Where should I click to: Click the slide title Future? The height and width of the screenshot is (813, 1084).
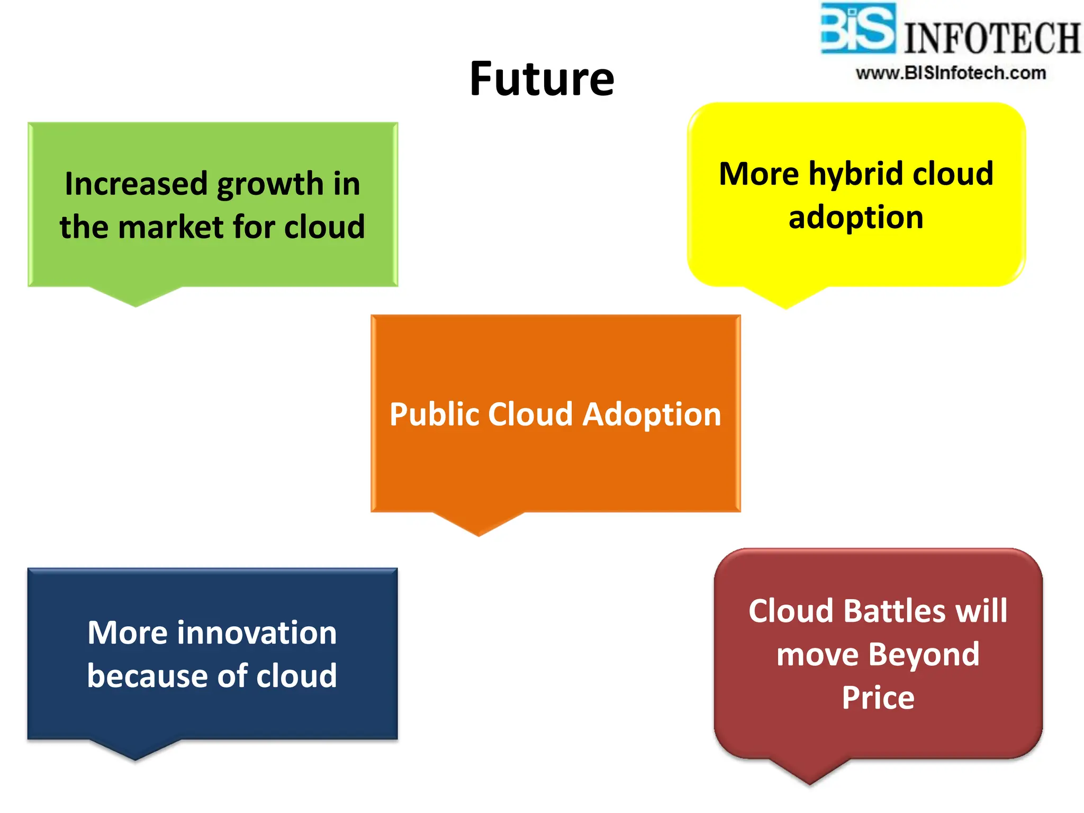tap(541, 79)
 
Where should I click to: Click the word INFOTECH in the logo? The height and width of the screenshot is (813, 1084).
tap(991, 38)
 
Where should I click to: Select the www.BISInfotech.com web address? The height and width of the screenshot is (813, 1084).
tap(951, 73)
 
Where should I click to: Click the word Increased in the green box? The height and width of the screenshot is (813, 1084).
tap(136, 184)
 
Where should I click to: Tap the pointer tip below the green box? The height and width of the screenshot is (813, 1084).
tap(135, 303)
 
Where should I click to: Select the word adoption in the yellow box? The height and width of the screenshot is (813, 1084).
tap(856, 218)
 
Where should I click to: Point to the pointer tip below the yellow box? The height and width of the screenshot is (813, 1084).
tap(785, 305)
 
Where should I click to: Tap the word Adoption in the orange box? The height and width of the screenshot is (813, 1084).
tap(652, 414)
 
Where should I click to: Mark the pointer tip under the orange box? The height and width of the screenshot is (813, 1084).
tap(478, 532)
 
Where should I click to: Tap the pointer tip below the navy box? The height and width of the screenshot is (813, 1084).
tap(135, 757)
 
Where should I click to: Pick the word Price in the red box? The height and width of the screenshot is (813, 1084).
tap(878, 698)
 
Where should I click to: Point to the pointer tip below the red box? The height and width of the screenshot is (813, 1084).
tap(809, 782)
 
